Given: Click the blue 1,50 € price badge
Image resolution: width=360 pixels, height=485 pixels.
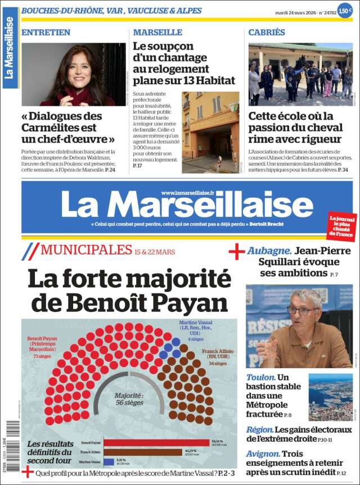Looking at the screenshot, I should [344, 11].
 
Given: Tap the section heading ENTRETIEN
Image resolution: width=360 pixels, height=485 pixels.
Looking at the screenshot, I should [46, 33].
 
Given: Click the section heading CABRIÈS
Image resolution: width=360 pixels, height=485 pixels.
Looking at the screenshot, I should [267, 33].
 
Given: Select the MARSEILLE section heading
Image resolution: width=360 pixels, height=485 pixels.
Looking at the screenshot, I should [157, 33].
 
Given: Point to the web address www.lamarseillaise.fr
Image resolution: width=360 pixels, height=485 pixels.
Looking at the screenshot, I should [187, 193].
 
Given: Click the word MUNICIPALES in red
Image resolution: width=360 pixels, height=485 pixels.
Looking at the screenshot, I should [86, 250].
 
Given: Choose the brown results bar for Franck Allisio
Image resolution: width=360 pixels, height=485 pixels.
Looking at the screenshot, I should [143, 452].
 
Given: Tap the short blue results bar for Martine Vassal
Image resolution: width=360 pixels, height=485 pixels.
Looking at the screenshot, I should [109, 462].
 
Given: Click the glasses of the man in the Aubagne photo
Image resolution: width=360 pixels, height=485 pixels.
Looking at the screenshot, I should [302, 311].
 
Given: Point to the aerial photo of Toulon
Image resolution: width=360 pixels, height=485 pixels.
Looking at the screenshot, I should [330, 397].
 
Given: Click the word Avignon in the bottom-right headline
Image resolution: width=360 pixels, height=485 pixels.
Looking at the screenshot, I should [263, 454].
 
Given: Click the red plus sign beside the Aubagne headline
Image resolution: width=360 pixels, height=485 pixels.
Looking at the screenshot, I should [237, 252].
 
